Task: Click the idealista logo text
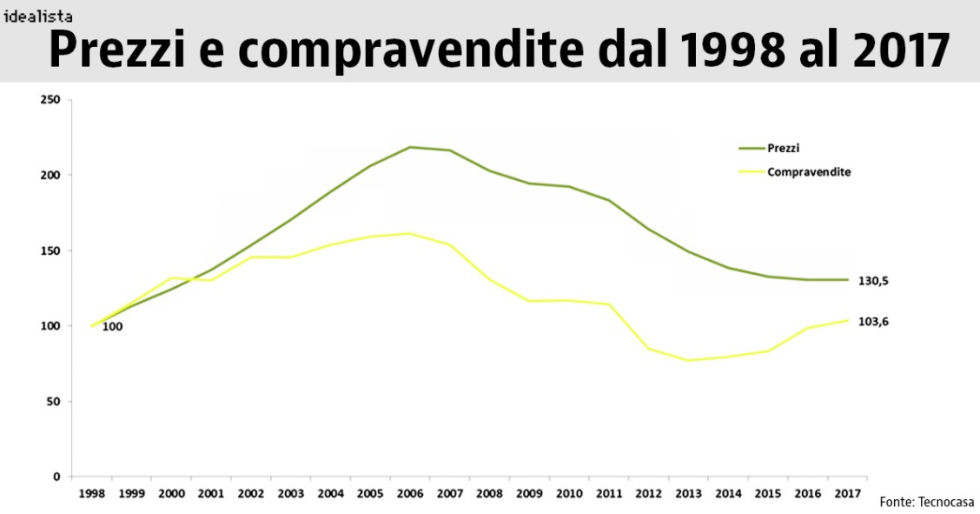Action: click(x=37, y=16)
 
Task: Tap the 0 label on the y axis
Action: click(x=56, y=477)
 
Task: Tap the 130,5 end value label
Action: click(x=873, y=280)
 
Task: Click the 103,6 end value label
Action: click(x=873, y=321)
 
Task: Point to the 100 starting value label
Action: click(x=112, y=327)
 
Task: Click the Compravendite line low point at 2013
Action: click(x=688, y=360)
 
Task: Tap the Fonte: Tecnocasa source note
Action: click(x=926, y=502)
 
